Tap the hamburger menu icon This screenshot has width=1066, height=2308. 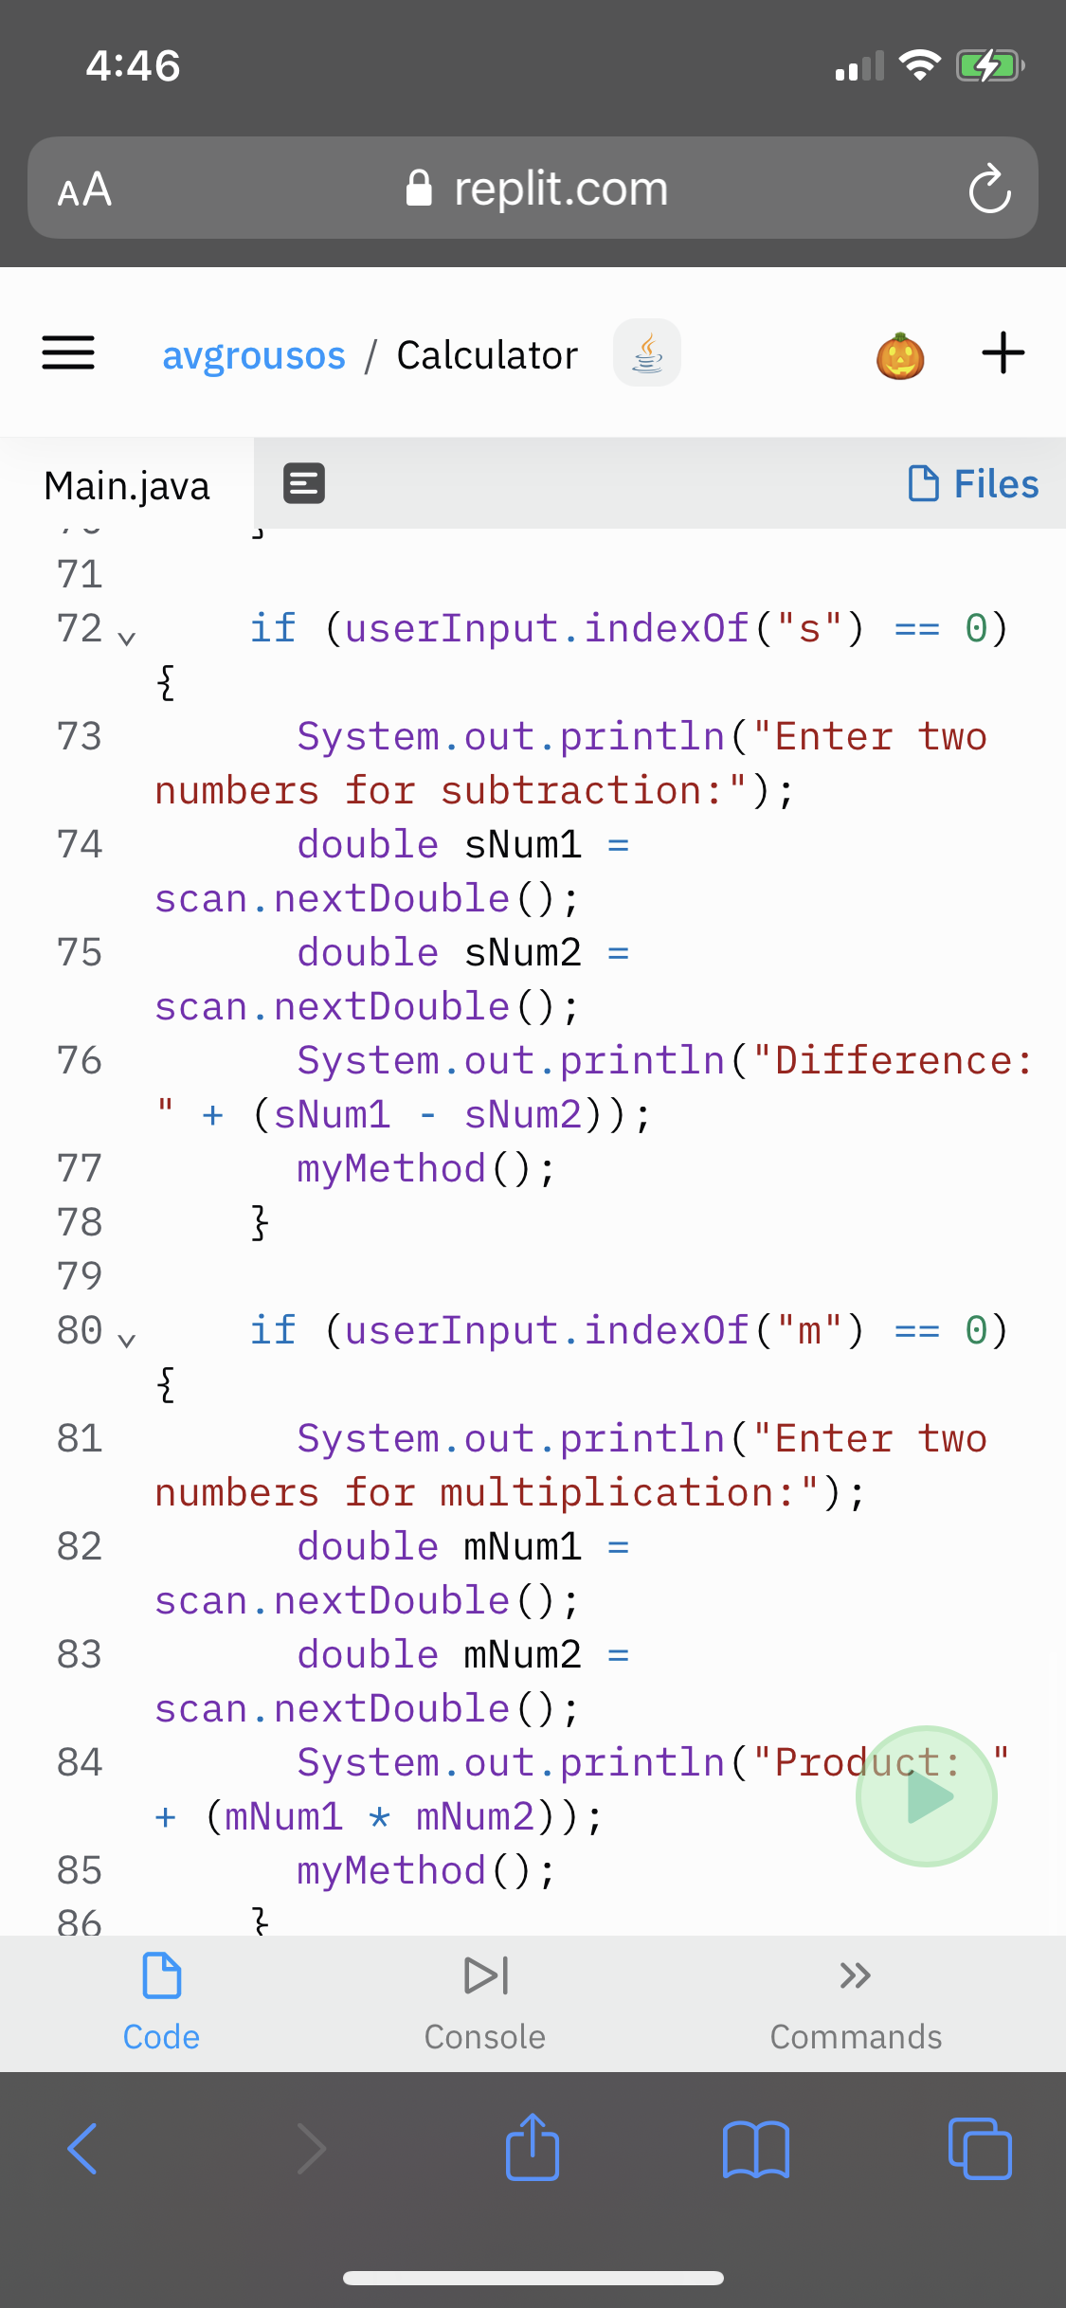coord(68,353)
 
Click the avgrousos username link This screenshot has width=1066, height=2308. coord(254,355)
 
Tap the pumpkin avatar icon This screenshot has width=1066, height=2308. coord(900,356)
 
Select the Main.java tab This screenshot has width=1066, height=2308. coord(127,485)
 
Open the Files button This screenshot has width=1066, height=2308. coord(973,484)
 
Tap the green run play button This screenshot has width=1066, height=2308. coord(926,1795)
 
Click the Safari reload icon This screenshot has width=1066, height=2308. coord(989,189)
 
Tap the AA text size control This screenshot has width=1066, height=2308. coord(84,189)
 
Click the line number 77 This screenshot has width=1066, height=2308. coord(80,1168)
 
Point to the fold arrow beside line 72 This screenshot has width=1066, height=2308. coord(127,638)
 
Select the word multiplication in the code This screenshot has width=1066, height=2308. coord(605,1493)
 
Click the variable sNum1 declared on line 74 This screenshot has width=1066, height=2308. coord(523,845)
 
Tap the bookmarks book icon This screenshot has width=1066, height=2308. coord(755,2149)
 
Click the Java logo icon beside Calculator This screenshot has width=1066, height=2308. coord(647,353)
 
